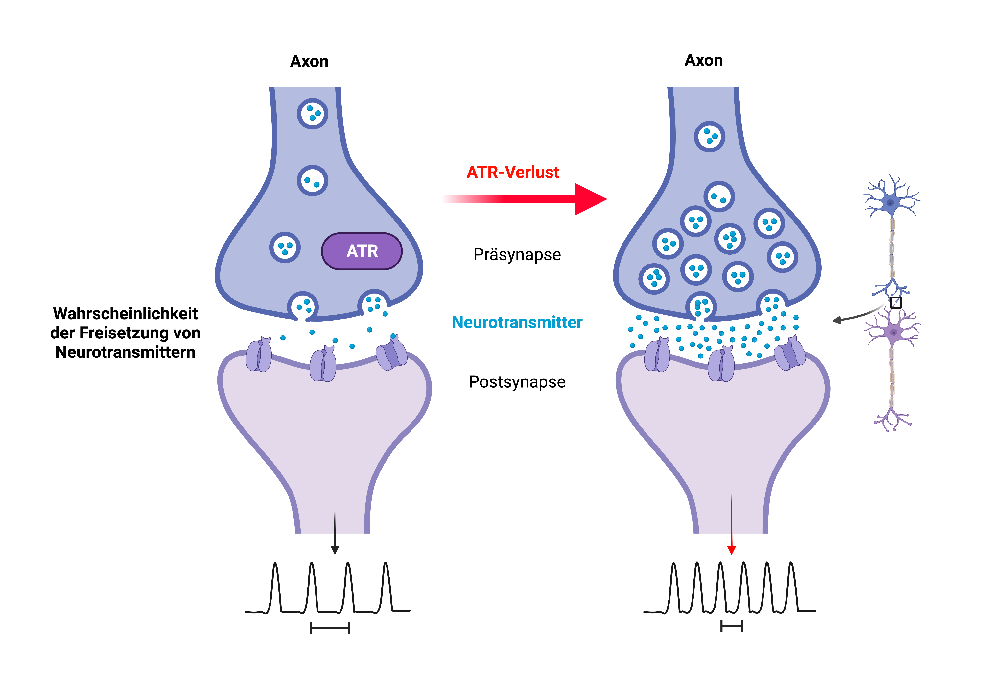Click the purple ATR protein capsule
point(362,251)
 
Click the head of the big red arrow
point(591,199)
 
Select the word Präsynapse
point(517,255)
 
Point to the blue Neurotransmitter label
point(517,322)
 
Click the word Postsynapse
point(517,382)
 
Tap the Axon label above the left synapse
point(309,61)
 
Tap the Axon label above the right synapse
point(703,60)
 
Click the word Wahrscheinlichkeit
point(126,313)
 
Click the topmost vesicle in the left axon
point(313,113)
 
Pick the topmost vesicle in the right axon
point(710,137)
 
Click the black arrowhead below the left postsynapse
point(335,550)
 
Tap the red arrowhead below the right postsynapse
point(731,550)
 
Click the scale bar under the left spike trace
point(330,628)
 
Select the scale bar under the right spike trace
point(731,627)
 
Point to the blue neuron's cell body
point(890,203)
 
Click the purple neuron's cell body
point(893,333)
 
